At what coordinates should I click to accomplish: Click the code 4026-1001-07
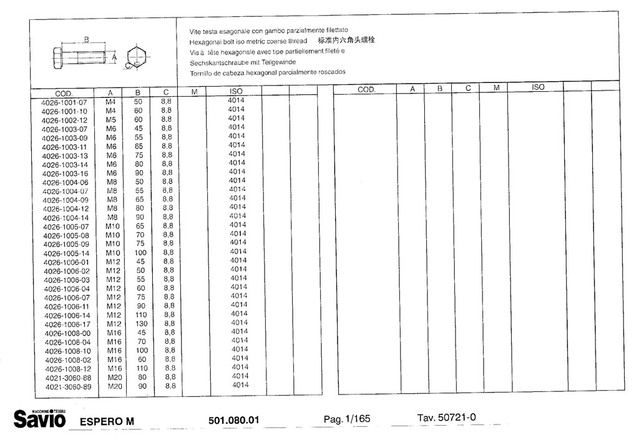click(64, 102)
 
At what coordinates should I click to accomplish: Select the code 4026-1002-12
click(65, 120)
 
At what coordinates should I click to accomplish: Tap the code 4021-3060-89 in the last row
click(68, 388)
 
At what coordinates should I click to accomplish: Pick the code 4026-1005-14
click(66, 254)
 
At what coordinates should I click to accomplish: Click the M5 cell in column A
click(111, 119)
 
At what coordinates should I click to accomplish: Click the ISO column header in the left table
click(236, 91)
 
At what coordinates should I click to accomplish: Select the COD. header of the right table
click(366, 90)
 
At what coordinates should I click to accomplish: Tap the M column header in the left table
click(194, 92)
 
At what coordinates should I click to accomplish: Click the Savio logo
click(40, 418)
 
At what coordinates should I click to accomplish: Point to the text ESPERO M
click(107, 421)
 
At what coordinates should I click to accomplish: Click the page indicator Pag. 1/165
click(346, 419)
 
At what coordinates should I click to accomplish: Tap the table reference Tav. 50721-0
click(446, 417)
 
